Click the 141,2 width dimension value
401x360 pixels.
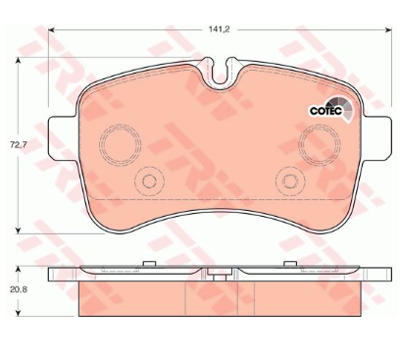[220, 29]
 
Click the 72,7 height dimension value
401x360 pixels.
[18, 145]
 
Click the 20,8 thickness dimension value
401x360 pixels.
[19, 289]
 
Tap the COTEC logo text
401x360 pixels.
[326, 111]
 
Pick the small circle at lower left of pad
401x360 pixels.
[149, 181]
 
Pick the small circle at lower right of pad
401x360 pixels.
[290, 180]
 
